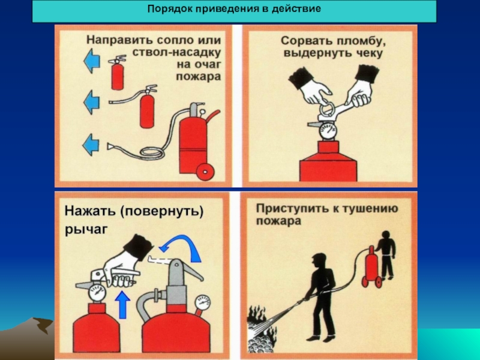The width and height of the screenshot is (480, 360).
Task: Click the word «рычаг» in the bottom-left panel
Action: coord(86,229)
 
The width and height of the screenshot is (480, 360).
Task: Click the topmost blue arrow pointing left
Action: coord(92,61)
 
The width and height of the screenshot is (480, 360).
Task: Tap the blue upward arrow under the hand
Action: coord(123,305)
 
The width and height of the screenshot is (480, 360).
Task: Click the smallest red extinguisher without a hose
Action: coord(118,73)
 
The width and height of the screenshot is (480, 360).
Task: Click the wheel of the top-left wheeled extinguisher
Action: coord(205,172)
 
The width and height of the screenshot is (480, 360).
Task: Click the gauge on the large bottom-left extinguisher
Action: coord(203,302)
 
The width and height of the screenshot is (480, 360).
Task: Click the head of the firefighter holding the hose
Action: coord(319,261)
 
